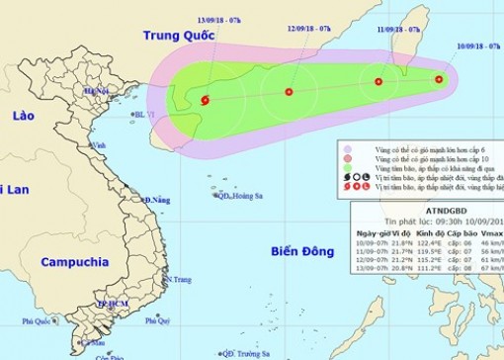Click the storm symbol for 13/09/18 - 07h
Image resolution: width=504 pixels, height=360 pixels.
tap(205, 100)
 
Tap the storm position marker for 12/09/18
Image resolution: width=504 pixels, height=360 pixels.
tap(289, 93)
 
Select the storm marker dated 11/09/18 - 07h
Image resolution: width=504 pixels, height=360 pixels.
tap(378, 82)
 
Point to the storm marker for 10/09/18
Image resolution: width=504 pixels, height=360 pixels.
tap(440, 79)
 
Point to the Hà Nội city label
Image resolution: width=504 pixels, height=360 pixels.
tap(96, 91)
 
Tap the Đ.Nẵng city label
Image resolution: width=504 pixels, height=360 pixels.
tap(157, 201)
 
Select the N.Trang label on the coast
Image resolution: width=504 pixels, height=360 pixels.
tap(179, 281)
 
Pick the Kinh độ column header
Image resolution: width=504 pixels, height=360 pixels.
tap(425, 231)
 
